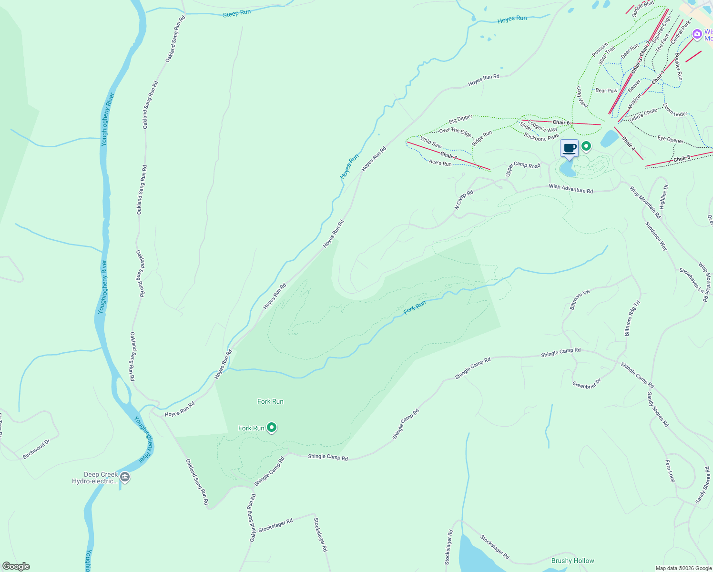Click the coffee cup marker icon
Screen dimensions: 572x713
tap(569, 148)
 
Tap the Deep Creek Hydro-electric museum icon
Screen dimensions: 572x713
tap(125, 477)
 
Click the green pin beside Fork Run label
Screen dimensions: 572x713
tap(272, 428)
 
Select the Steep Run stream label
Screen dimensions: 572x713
tap(237, 13)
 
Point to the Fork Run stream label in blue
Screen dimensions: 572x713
tap(415, 307)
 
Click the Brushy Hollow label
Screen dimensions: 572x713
tap(572, 561)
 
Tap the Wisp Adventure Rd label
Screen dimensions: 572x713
tap(570, 189)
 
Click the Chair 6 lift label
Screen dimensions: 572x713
tap(561, 123)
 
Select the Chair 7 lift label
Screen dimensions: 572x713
tap(448, 156)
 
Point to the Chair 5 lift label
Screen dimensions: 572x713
tap(682, 159)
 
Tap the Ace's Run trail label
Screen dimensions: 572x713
tap(440, 163)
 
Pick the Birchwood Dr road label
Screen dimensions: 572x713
tap(36, 449)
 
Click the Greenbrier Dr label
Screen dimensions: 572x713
tap(587, 384)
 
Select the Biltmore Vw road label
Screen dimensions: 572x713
tap(580, 300)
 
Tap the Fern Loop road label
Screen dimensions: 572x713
tap(670, 470)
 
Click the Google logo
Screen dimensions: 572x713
tap(16, 566)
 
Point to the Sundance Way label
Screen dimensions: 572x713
tap(656, 236)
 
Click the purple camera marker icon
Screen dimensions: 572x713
tap(697, 34)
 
